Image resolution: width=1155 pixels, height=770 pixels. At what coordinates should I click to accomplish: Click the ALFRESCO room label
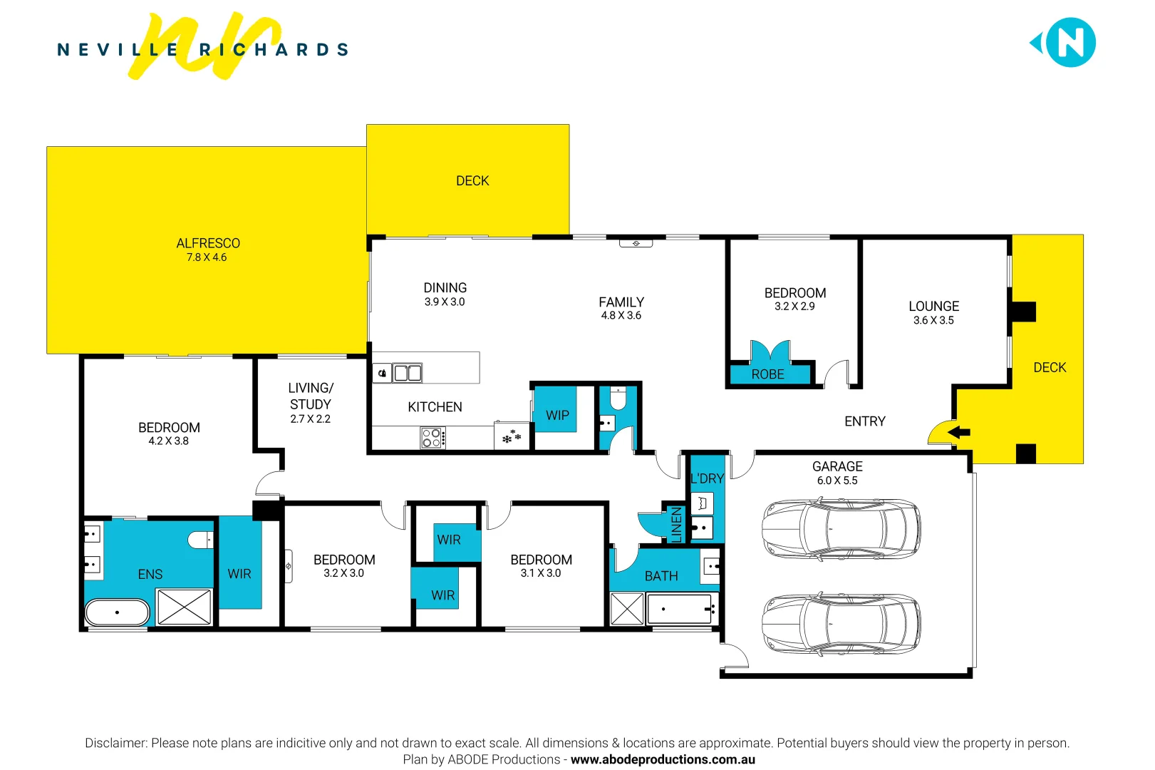point(208,243)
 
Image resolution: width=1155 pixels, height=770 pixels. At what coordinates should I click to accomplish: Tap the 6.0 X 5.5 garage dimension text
point(837,481)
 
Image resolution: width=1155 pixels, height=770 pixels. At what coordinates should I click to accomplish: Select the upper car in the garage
point(841,529)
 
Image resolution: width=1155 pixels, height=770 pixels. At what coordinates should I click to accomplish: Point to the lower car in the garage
point(841,624)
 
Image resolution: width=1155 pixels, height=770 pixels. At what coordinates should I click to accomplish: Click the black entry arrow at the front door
point(959,432)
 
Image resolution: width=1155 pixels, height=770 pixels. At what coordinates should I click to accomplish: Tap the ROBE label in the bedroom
point(767,374)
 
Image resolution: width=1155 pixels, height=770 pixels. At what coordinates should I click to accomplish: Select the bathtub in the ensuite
point(118,612)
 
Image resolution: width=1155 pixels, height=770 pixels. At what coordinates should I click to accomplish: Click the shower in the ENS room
point(184,607)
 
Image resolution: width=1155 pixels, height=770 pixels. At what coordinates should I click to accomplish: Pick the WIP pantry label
point(557,415)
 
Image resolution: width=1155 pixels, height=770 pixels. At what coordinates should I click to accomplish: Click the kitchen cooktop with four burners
point(432,438)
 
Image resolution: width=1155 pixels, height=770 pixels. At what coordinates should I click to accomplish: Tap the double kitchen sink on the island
point(408,372)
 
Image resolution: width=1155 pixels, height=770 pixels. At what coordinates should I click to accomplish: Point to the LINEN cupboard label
point(677,524)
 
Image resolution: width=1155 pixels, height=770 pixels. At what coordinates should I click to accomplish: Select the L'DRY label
point(707,478)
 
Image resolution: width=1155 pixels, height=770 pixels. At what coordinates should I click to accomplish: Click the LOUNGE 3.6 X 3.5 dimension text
point(933,321)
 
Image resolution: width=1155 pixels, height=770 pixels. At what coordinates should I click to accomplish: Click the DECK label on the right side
point(1050,367)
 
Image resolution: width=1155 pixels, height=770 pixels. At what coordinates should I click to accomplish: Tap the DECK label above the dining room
point(472,181)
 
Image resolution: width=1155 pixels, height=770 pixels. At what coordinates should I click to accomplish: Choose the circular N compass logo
point(1070,43)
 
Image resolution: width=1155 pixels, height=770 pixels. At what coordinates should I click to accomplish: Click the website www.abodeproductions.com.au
point(663,759)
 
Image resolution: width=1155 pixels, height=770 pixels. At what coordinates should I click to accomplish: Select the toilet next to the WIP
point(618,399)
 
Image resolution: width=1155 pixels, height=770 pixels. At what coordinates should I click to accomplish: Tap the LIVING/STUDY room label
point(311,396)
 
